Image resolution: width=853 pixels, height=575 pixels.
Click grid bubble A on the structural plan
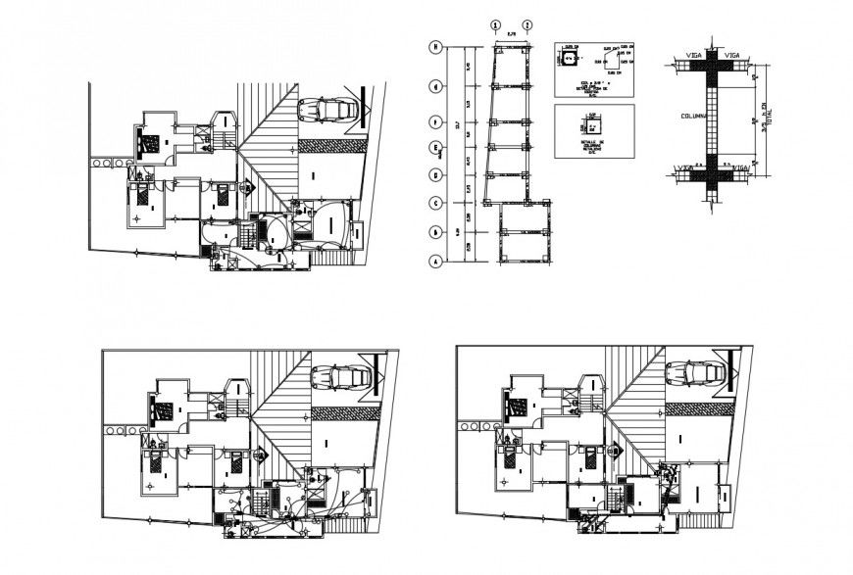coord(433,262)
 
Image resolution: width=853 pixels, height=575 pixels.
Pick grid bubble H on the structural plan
coord(433,46)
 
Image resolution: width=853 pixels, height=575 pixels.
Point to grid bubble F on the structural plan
coord(433,121)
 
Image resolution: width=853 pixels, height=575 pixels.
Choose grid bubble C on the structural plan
coord(433,203)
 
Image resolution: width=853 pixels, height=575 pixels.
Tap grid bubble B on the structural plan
coord(433,232)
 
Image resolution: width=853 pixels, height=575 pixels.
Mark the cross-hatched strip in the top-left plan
coord(328,144)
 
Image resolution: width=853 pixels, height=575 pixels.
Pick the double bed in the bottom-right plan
coord(514,405)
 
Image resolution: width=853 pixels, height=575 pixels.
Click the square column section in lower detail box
coord(592,127)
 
